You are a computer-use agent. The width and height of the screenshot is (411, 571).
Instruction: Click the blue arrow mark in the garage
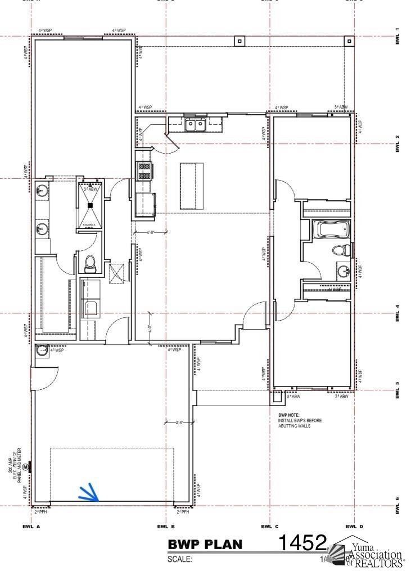point(88,493)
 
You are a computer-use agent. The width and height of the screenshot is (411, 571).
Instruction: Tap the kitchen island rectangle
point(190,186)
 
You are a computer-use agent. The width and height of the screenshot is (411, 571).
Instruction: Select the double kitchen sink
point(196,124)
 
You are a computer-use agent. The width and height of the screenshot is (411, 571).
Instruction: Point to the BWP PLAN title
point(205,545)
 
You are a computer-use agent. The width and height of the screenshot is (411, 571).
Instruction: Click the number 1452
point(302,543)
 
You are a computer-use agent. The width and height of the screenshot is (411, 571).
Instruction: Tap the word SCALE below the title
point(180,560)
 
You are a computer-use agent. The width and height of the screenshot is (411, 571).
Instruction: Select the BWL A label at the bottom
point(31,527)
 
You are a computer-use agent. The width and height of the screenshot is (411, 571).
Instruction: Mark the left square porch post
point(240,41)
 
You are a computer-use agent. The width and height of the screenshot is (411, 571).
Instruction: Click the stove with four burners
point(144,170)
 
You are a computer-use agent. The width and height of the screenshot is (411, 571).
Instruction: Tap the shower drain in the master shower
point(90,205)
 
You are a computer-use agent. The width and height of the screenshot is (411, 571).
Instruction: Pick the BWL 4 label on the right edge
point(398,313)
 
